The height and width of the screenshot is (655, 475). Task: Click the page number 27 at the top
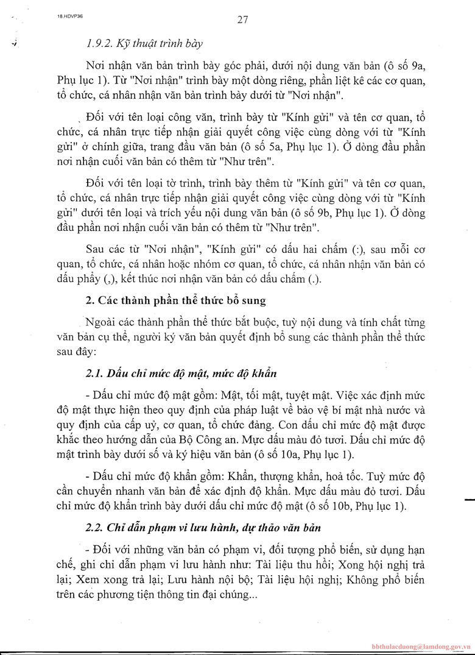tap(242, 19)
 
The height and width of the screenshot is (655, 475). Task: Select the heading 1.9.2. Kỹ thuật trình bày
tap(145, 44)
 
